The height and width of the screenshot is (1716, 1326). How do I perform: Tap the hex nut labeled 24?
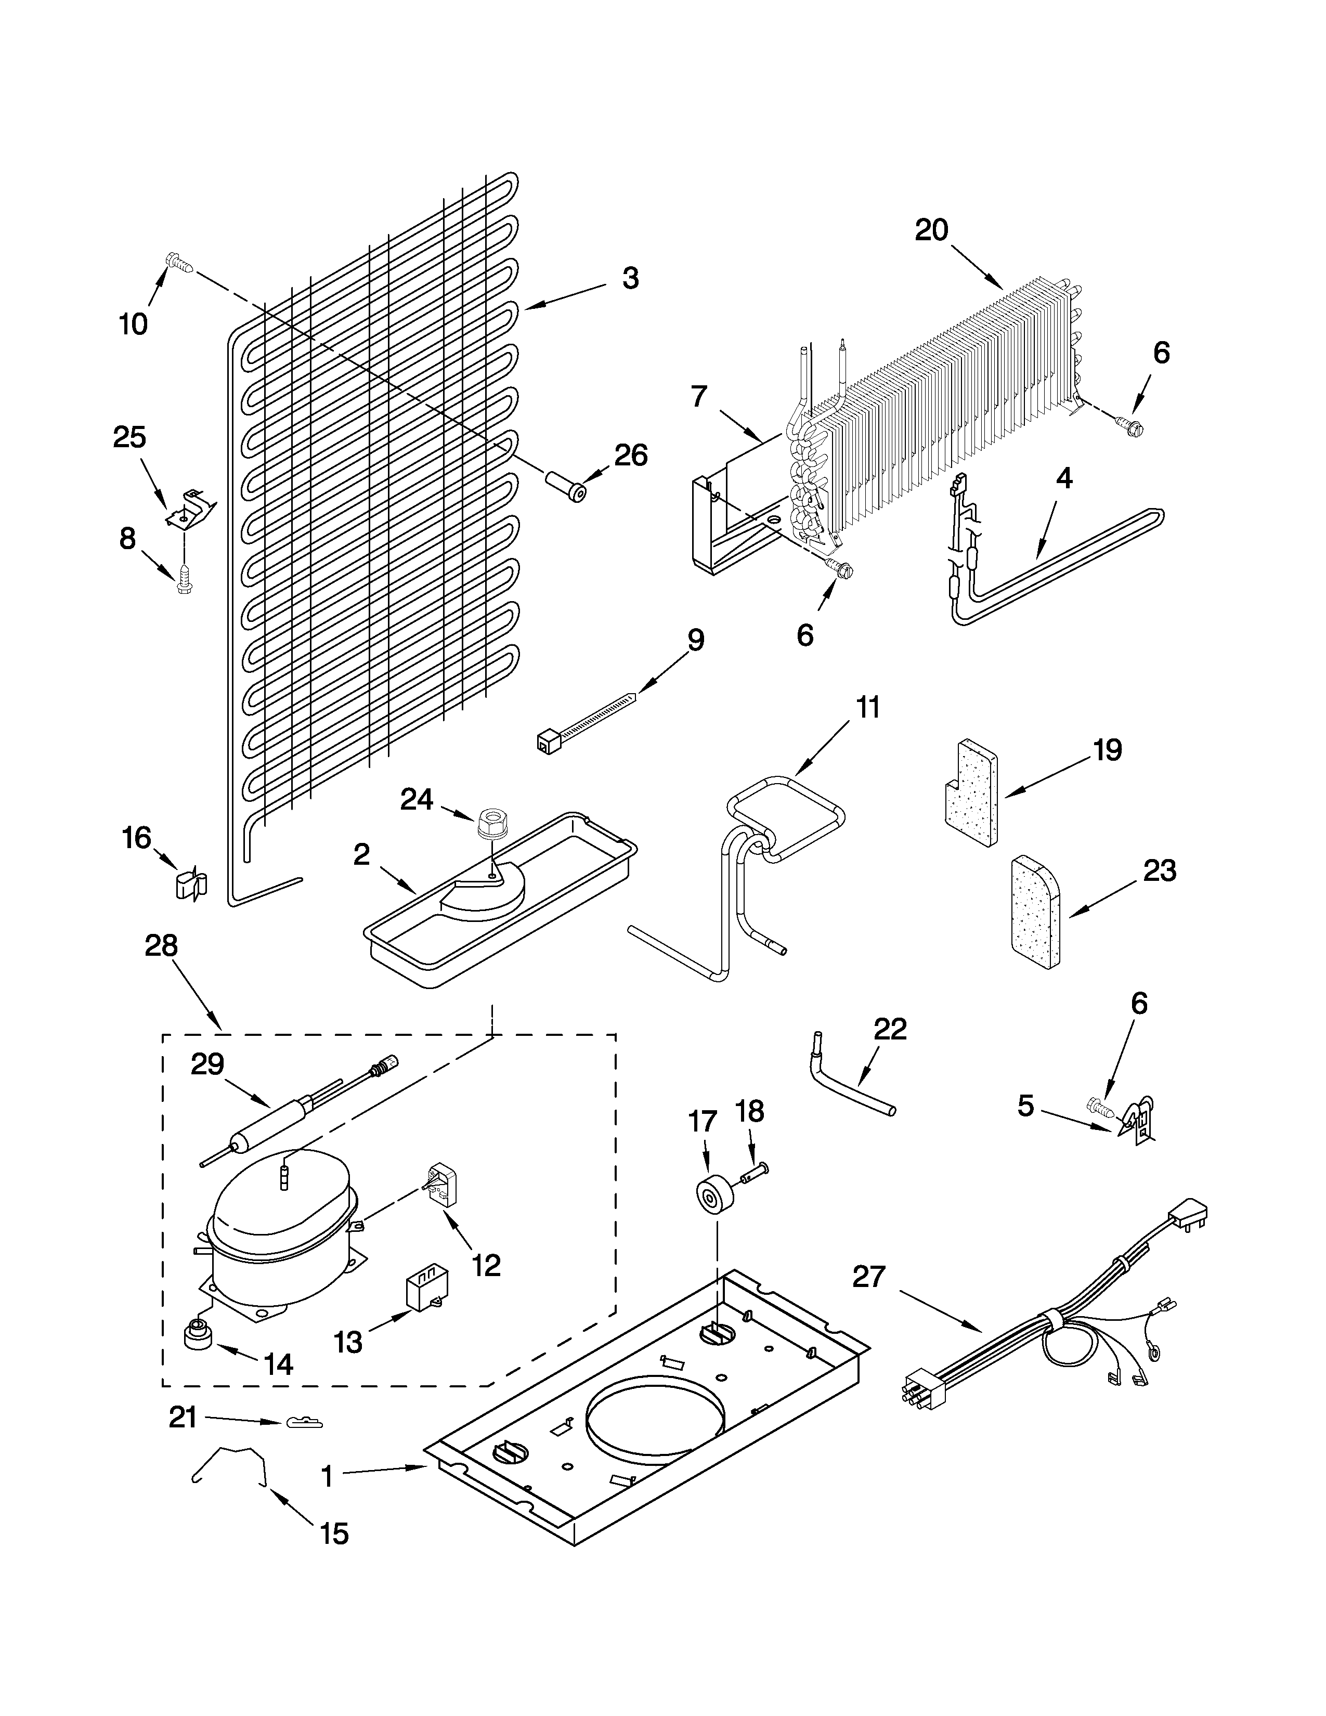pos(492,824)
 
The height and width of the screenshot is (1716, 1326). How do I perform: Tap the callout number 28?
pos(161,946)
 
